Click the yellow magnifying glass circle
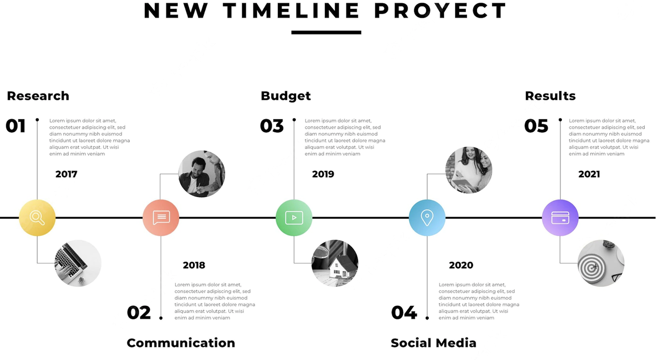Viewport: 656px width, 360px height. pos(37,217)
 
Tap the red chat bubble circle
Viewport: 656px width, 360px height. pos(161,217)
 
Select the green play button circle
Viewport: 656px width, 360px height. pos(294,217)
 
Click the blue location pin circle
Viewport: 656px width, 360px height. pos(427,217)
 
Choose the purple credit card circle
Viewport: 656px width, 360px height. pos(560,217)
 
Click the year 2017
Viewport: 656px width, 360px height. pos(67,174)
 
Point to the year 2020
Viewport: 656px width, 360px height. pos(461,265)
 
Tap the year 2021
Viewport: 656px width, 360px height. pos(589,174)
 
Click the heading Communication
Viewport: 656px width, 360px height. pos(181,343)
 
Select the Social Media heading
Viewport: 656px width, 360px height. pos(433,343)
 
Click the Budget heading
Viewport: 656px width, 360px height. pos(285,96)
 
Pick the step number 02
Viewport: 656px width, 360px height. pos(139,313)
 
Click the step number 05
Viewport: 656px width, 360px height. pos(536,126)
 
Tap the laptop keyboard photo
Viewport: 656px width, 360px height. pos(78,263)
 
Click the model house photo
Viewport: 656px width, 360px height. pos(335,263)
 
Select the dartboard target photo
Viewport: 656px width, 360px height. pos(601,263)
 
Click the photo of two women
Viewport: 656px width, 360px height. pos(469,170)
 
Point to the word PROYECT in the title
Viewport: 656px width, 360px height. pos(440,11)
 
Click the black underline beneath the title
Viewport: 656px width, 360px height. pos(326,32)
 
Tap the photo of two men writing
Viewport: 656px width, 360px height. pos(202,174)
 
